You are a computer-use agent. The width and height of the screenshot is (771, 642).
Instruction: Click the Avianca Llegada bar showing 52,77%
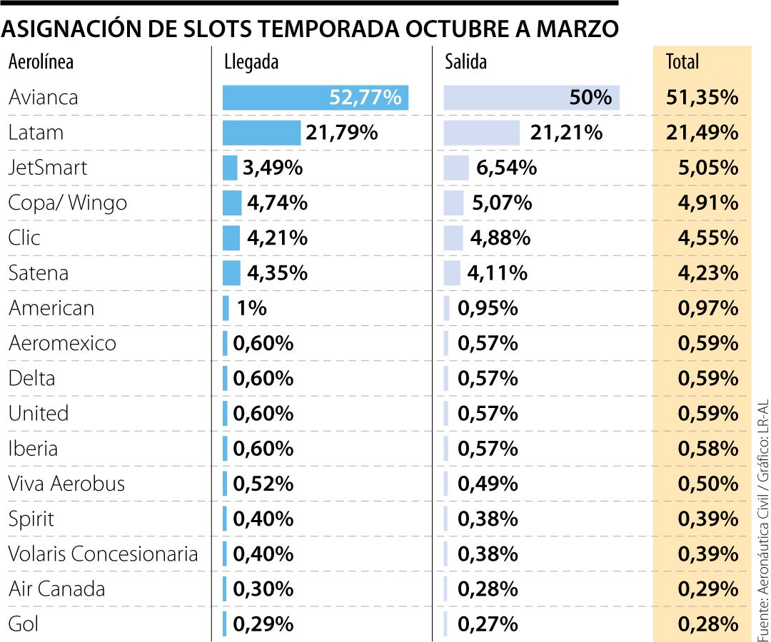[x=315, y=98]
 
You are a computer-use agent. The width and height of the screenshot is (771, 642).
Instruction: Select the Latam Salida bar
[x=481, y=133]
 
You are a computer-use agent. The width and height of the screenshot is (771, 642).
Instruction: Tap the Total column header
[x=682, y=62]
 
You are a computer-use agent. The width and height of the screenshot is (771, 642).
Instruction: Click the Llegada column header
[x=251, y=62]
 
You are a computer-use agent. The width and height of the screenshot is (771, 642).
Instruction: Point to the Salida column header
[x=465, y=62]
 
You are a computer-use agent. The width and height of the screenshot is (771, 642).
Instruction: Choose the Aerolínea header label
[x=41, y=62]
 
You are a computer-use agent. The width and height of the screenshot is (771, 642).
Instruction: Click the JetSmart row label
[x=47, y=168]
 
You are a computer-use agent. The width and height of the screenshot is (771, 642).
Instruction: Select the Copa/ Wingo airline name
[x=67, y=203]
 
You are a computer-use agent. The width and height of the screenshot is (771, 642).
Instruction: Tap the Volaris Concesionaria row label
[x=103, y=554]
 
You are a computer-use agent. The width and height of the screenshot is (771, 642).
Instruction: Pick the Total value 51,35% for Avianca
[x=702, y=98]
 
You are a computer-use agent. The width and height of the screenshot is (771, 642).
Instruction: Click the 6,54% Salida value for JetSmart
[x=506, y=168]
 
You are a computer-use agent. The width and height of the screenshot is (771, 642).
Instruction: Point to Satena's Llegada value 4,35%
[x=277, y=273]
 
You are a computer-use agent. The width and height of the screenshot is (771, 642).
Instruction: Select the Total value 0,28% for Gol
[x=707, y=624]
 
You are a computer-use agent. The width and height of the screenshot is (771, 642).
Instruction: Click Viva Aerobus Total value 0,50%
[x=707, y=484]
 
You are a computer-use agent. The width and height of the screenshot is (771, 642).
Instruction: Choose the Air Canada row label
[x=56, y=589]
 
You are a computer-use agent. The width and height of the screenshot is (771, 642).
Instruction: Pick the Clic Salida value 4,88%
[x=500, y=238]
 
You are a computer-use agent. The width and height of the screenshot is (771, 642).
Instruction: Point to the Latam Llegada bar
[x=261, y=133]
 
